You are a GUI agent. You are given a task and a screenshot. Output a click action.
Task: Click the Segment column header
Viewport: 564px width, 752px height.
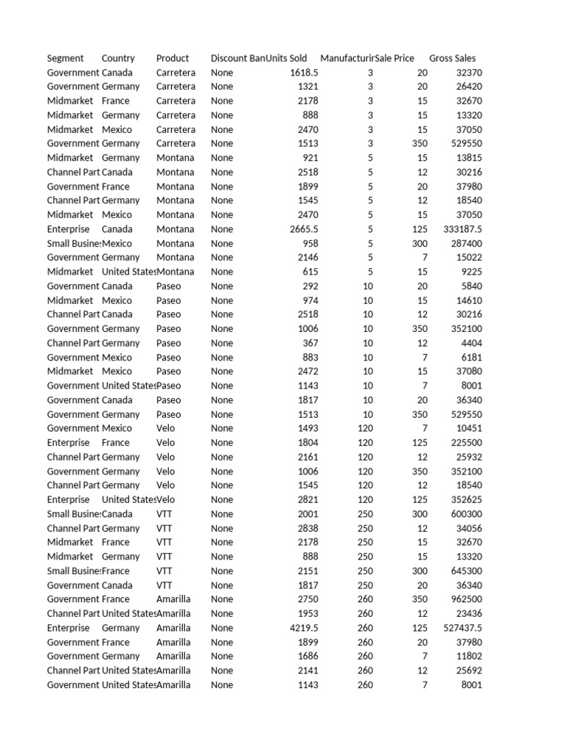coord(65,58)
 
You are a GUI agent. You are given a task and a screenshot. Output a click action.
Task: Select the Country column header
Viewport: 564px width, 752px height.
coord(118,58)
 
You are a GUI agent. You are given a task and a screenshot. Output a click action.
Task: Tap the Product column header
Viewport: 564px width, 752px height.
coord(173,58)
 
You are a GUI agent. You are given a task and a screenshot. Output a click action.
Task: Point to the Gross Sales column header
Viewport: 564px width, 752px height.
coord(452,58)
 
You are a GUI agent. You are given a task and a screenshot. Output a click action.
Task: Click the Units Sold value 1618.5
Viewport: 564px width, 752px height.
coord(304,73)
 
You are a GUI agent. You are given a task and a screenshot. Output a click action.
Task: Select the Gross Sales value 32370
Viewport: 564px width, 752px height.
coord(469,73)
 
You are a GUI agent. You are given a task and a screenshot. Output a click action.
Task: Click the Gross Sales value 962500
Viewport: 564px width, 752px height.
coord(466,599)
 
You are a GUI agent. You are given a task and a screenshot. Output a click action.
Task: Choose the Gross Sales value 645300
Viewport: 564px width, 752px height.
coord(466,571)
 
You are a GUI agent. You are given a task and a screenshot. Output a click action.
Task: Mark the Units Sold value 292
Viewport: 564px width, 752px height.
coord(310,286)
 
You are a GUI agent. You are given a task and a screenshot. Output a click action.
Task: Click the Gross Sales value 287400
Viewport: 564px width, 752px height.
coord(466,243)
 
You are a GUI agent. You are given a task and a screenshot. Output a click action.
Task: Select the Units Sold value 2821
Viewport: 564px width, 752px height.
coord(307,499)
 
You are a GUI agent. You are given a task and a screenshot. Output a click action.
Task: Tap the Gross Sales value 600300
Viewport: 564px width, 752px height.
coord(466,514)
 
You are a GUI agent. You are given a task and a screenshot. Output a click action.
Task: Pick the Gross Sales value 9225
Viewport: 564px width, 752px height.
coord(471,272)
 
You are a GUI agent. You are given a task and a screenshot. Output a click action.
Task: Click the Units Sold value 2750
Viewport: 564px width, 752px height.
coord(307,599)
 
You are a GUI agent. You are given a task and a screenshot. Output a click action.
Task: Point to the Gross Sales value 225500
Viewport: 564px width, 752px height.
coord(466,443)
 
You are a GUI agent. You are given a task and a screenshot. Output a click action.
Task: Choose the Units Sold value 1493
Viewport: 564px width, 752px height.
coord(307,428)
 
